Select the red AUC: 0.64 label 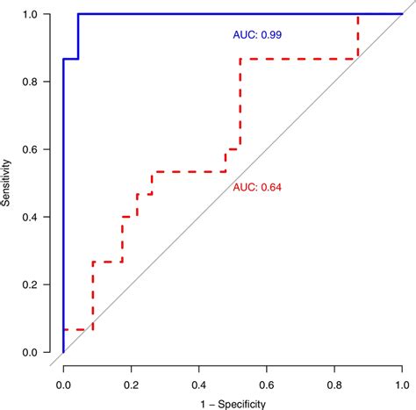click(261, 187)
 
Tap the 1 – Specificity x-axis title click(233, 403)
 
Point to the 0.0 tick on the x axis click(63, 383)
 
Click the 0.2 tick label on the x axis click(131, 383)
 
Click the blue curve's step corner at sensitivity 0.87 click(78, 59)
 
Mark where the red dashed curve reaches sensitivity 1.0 click(357, 15)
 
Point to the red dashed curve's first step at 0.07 click(77, 329)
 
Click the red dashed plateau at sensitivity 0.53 click(189, 171)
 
